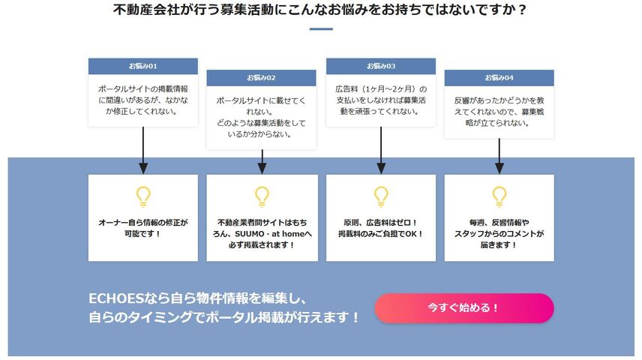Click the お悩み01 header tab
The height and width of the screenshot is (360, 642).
pos(142,66)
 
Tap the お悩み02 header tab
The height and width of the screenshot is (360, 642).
pos(262,77)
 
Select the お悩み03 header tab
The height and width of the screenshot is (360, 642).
pos(381,66)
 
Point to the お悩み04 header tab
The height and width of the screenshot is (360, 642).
pos(499,77)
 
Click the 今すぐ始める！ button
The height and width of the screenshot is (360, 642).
pos(463,307)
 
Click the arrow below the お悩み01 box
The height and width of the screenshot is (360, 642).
pos(143,150)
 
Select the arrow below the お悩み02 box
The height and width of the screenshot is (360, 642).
pos(262,159)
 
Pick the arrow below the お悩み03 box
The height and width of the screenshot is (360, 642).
pos(381,150)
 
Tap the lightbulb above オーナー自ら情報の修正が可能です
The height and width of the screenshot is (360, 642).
pos(143,196)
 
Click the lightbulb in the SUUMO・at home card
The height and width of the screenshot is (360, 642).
pos(262,196)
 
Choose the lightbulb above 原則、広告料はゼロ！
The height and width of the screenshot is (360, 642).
pos(381,196)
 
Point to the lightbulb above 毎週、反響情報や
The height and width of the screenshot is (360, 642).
pos(499,196)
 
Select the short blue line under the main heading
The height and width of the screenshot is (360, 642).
pos(321,29)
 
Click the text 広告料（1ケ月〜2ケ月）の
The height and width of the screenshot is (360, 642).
pos(381,88)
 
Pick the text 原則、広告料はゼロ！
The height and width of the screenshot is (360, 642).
pos(381,223)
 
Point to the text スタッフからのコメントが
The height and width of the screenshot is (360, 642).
pos(499,233)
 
